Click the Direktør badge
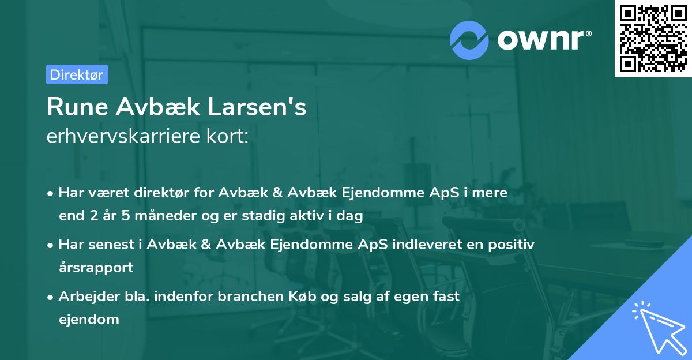pos(77,74)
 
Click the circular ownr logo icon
pos(469,40)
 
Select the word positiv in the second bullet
pos(513,245)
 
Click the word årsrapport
pos(96,267)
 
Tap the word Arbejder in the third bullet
pos(85,297)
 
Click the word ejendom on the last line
pos(89,319)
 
